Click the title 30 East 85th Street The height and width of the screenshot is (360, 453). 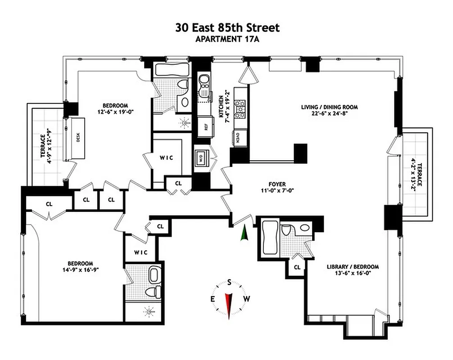coord(227,27)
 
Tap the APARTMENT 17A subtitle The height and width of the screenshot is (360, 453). coord(227,39)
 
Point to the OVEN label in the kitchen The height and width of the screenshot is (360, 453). coord(237,136)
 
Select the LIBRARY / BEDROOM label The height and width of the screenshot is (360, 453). coord(353,266)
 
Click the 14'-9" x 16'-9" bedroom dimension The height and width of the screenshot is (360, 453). coord(80,270)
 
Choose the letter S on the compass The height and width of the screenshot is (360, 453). coord(229,283)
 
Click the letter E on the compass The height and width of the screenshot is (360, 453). coord(213,299)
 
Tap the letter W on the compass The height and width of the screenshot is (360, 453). coord(246,299)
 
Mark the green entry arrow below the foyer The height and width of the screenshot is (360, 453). coord(244,233)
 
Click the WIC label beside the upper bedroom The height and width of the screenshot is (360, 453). coord(167,158)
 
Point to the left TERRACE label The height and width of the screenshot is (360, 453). coord(43,146)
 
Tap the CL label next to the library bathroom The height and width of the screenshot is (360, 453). coord(297,267)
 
